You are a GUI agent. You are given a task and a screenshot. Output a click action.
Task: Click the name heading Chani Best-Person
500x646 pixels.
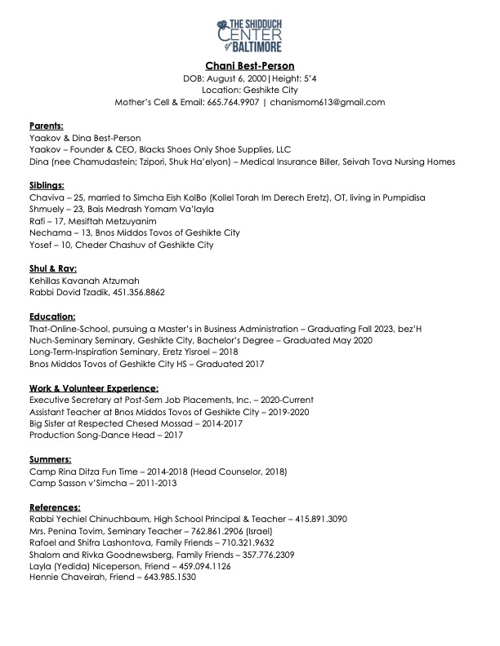coord(249,64)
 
